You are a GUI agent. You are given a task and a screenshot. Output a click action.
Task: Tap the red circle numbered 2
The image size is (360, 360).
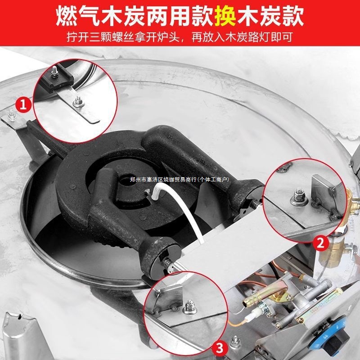click(320, 243)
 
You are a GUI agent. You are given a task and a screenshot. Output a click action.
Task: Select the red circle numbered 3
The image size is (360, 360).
click(219, 347)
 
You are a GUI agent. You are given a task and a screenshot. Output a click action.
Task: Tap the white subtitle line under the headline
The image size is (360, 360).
click(180, 37)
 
